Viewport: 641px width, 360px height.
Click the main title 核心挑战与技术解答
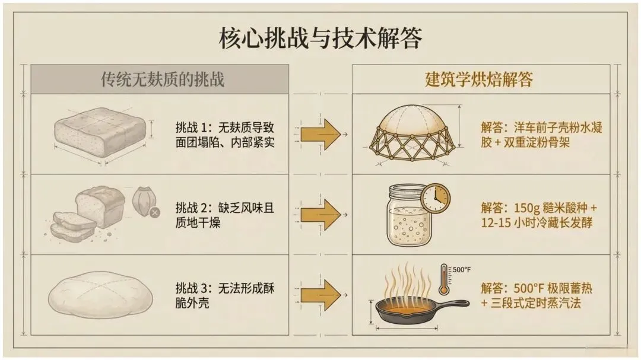point(320,39)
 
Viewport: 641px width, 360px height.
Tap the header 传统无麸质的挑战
point(163,79)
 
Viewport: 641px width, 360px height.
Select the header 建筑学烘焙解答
point(479,79)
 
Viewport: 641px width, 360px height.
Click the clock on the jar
point(436,198)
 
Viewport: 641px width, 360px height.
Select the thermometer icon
point(444,279)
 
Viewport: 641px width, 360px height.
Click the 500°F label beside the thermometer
point(462,270)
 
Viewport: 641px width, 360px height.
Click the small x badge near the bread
point(154,212)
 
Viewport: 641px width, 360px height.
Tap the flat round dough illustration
point(100,295)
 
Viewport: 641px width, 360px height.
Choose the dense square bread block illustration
point(100,132)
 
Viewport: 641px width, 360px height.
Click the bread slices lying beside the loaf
point(73,226)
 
